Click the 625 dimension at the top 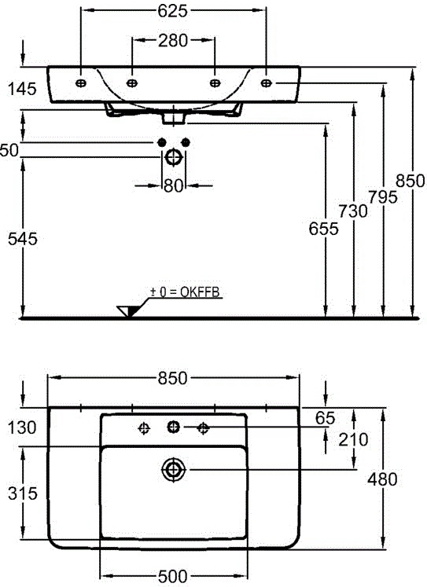click(x=172, y=11)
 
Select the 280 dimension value click(x=173, y=40)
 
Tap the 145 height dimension click(x=23, y=89)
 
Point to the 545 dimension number click(x=23, y=239)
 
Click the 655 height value click(x=324, y=229)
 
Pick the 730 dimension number click(x=353, y=211)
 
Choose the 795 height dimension click(x=382, y=197)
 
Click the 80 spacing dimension click(x=174, y=185)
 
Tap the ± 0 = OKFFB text click(x=185, y=292)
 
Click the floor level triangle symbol click(x=127, y=311)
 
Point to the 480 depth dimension click(x=382, y=479)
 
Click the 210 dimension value click(x=353, y=439)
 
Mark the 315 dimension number click(x=23, y=493)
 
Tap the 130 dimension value click(x=23, y=427)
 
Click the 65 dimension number click(x=325, y=418)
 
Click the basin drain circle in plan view click(x=174, y=469)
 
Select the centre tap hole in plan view click(x=174, y=427)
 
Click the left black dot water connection click(x=162, y=143)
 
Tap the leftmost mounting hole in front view click(x=81, y=83)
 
